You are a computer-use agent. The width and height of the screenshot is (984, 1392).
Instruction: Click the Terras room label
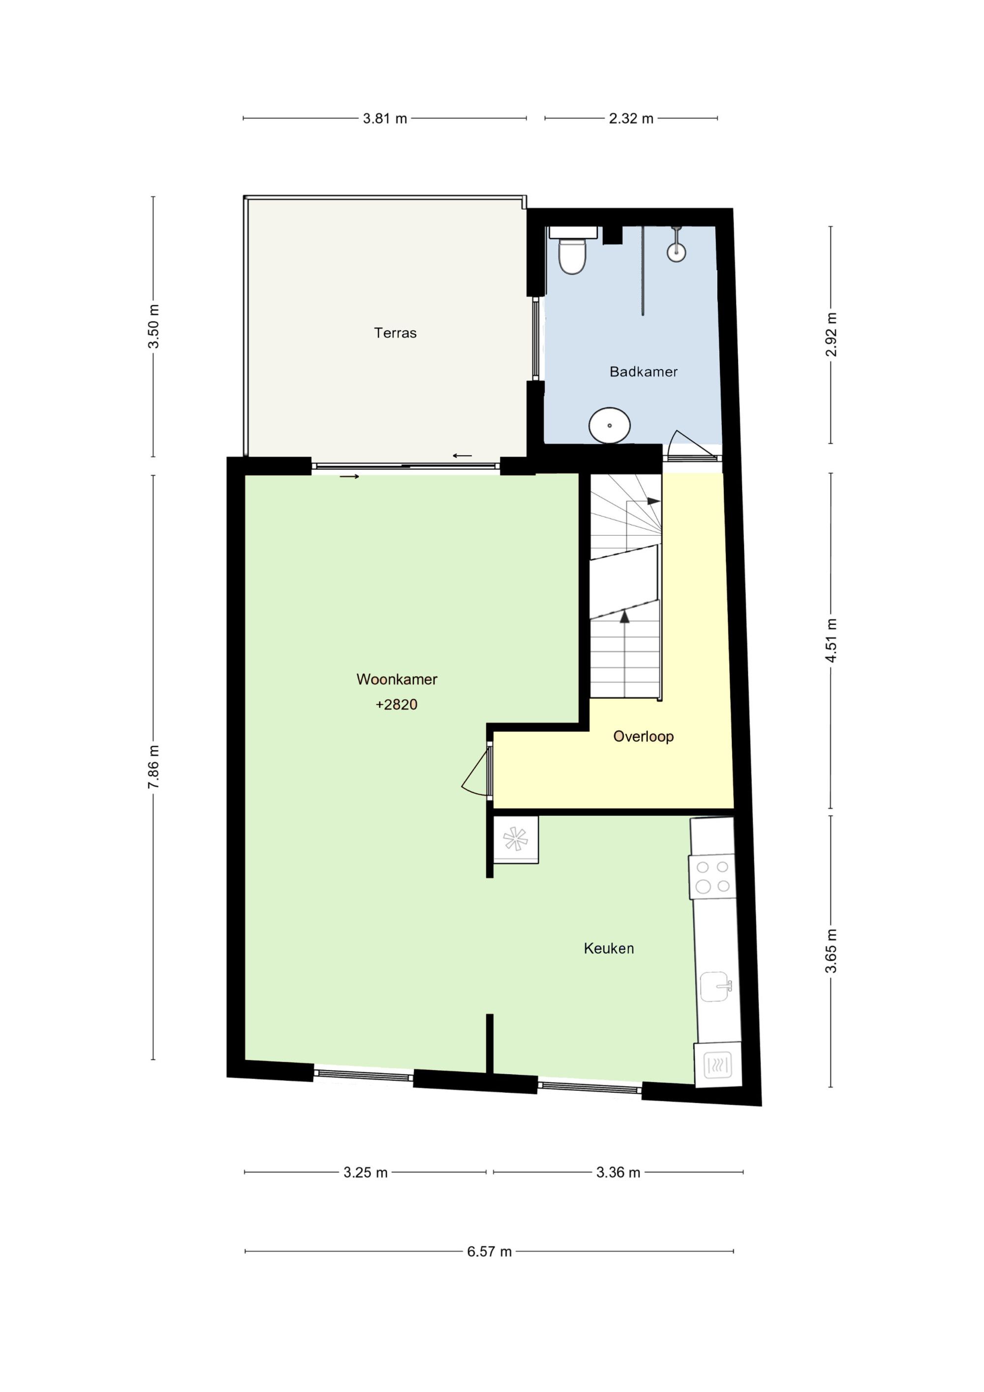pyautogui.click(x=395, y=333)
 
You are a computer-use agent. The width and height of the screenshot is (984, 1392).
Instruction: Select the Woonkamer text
pyautogui.click(x=397, y=680)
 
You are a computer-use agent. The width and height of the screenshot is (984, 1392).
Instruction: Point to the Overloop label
pyautogui.click(x=643, y=737)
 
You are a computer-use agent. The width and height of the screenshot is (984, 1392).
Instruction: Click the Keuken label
pyautogui.click(x=609, y=948)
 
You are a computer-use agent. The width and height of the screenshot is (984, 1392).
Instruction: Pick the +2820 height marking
pyautogui.click(x=397, y=705)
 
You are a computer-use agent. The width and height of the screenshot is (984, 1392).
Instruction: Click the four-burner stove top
pyautogui.click(x=712, y=877)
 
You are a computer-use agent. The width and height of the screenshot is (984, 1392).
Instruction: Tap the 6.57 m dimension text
pyautogui.click(x=489, y=1251)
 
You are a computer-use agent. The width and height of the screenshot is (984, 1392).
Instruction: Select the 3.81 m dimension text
pyautogui.click(x=385, y=119)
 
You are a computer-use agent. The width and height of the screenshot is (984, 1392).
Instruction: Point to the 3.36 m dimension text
pyautogui.click(x=618, y=1173)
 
